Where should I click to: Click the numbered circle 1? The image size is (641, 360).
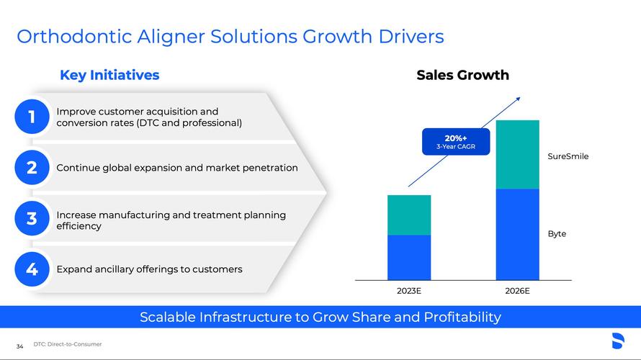[x=32, y=117]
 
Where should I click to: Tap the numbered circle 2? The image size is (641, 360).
[x=32, y=168]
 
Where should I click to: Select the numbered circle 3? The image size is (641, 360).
[x=32, y=218]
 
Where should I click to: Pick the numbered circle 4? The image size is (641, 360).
[x=32, y=269]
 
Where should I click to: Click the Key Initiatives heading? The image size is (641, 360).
[x=109, y=75]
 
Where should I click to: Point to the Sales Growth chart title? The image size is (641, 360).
[x=463, y=75]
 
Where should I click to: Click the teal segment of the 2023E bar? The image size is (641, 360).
[x=409, y=215]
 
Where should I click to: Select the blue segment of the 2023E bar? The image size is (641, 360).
[x=409, y=258]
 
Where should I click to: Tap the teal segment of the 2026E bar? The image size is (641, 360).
[x=518, y=155]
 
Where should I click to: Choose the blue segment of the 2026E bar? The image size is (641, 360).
[x=518, y=235]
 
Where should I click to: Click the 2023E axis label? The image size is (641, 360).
[x=409, y=291]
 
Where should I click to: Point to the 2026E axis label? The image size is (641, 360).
[x=517, y=291]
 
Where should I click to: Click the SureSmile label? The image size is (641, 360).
[x=568, y=156]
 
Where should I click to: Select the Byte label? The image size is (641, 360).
[x=557, y=234]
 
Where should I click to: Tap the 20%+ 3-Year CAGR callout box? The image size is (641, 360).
[x=456, y=142]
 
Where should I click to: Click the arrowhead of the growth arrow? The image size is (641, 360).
[x=519, y=99]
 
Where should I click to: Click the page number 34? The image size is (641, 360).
[x=19, y=346]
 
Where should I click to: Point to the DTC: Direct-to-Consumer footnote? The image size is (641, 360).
[x=68, y=344]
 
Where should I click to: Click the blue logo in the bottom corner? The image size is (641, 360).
[x=618, y=341]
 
